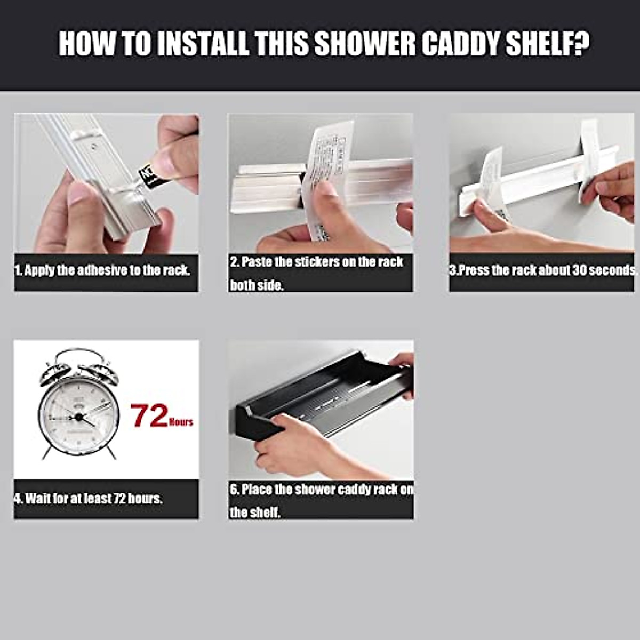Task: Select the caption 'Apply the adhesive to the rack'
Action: point(102,270)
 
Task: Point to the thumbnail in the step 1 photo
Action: point(77,195)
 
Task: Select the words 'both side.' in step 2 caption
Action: point(257,285)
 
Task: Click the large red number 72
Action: point(150,416)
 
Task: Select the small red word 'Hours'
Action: point(181,422)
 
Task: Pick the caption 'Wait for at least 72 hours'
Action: point(89,499)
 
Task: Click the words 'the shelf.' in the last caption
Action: point(255,513)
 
